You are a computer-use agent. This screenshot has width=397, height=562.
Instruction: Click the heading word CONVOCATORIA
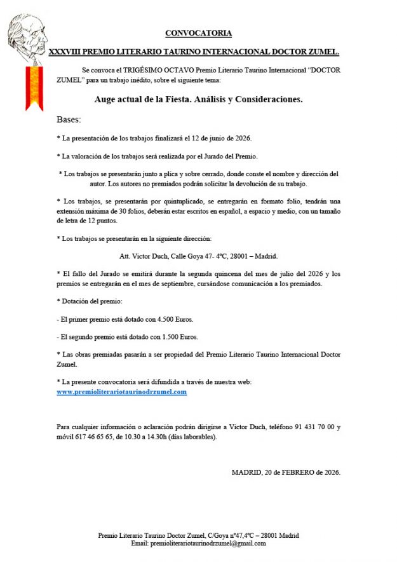click(x=198, y=32)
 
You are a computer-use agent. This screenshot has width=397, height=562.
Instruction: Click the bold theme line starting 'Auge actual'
click(x=198, y=99)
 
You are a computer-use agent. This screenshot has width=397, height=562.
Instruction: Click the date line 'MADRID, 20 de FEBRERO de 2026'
click(x=286, y=472)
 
